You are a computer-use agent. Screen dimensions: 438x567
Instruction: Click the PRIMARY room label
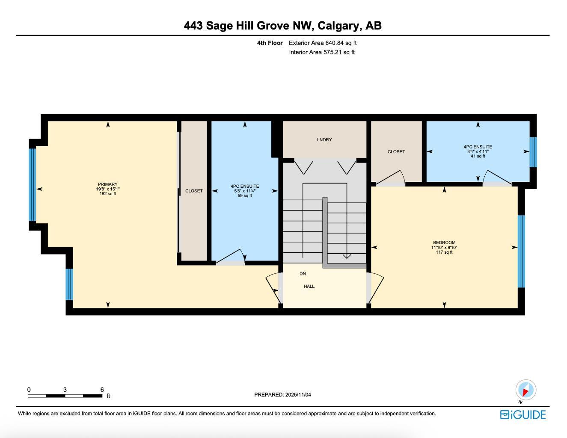pyautogui.click(x=107, y=184)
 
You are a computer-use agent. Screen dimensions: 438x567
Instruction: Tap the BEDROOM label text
pyautogui.click(x=444, y=243)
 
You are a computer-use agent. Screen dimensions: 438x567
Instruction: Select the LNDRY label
pyautogui.click(x=324, y=140)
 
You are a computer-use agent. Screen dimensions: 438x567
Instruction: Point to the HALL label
pyautogui.click(x=309, y=286)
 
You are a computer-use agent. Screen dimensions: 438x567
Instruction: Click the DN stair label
pyautogui.click(x=303, y=273)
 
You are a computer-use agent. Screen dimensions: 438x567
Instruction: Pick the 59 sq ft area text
pyautogui.click(x=245, y=195)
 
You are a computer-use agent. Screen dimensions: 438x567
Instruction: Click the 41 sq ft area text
pyautogui.click(x=478, y=156)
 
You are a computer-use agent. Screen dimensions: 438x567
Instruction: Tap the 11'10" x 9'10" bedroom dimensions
pyautogui.click(x=444, y=247)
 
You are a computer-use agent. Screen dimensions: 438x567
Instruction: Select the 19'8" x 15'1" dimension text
pyautogui.click(x=107, y=189)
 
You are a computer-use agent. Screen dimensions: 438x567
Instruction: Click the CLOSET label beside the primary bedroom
pyautogui.click(x=194, y=191)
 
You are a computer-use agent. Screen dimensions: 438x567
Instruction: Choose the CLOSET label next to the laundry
pyautogui.click(x=396, y=151)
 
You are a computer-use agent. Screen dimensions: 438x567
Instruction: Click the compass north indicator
pyautogui.click(x=525, y=390)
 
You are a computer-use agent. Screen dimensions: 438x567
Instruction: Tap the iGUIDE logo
pyautogui.click(x=523, y=414)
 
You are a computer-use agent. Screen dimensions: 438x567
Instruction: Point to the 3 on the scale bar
pyautogui.click(x=65, y=390)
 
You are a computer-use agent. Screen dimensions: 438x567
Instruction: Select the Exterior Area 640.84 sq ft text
pyautogui.click(x=323, y=43)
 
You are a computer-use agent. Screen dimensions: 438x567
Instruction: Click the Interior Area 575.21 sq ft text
pyautogui.click(x=322, y=52)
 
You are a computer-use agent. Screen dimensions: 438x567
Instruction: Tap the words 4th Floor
pyautogui.click(x=270, y=43)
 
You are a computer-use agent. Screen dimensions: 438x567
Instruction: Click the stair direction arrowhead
pyautogui.click(x=347, y=256)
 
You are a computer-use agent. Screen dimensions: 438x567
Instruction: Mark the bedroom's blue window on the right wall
pyautogui.click(x=521, y=251)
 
